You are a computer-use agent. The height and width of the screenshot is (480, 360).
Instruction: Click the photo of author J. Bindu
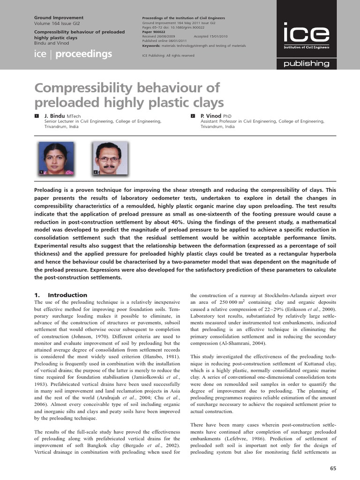pyautogui.click(x=56, y=158)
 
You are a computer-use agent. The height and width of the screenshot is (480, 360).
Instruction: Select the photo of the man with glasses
pyautogui.click(x=109, y=158)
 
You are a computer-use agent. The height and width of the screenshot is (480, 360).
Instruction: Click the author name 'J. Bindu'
pyautogui.click(x=55, y=116)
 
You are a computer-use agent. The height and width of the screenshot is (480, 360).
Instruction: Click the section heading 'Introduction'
pyautogui.click(x=67, y=295)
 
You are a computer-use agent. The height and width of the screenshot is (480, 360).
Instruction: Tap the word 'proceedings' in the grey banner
pyautogui.click(x=84, y=54)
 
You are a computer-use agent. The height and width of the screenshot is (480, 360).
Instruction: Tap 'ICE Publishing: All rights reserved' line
pyautogui.click(x=168, y=55)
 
